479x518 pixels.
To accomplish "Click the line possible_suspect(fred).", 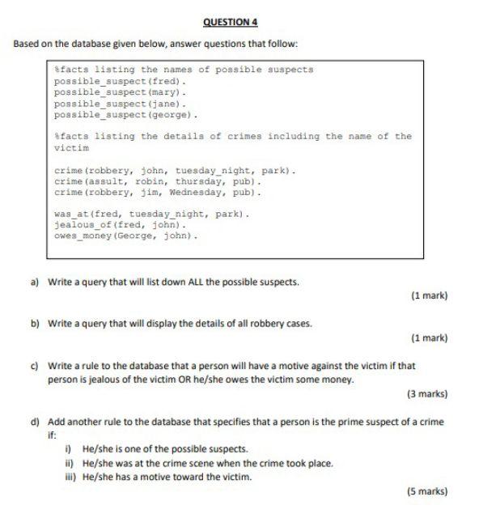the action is coord(121,82).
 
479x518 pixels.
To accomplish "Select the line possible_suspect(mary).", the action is coord(121,92).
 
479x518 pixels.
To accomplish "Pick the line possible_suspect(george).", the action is coord(126,114).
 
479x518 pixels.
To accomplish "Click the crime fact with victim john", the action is coord(175,171).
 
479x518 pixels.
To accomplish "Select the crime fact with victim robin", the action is coord(157,182).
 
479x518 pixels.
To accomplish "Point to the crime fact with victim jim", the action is coord(157,193).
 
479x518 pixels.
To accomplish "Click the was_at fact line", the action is coord(150,214).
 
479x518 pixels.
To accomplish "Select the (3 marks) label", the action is coord(426,394).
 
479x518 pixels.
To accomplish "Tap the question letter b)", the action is coord(36,323).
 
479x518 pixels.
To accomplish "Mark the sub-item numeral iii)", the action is coord(70,477).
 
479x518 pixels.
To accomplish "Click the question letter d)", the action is coord(36,422).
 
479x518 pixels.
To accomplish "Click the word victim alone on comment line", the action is coord(71,149).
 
